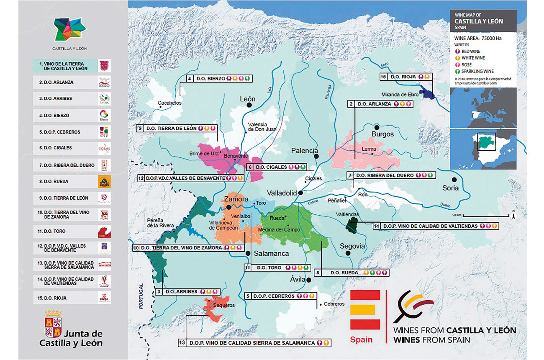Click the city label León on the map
click(247, 100)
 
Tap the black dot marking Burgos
click(377, 127)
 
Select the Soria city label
click(450, 188)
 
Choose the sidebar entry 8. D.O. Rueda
click(71, 182)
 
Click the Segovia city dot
click(353, 254)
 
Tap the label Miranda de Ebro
click(404, 94)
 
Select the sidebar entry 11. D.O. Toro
click(71, 231)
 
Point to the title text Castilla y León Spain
click(479, 21)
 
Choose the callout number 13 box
click(182, 342)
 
